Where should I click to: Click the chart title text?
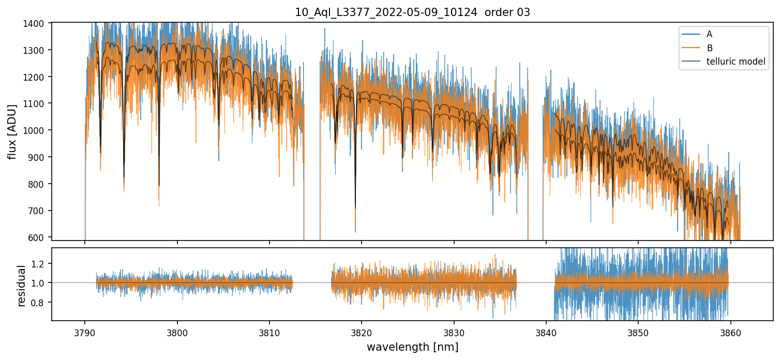[x=412, y=12]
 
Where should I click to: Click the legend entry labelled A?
[x=709, y=34]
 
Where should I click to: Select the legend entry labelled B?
[x=709, y=48]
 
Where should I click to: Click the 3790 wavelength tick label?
[x=85, y=332]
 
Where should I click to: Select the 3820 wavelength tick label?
[x=362, y=332]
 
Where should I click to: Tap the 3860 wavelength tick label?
[x=730, y=332]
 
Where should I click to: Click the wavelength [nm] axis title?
[x=412, y=347]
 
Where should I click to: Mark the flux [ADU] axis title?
[x=12, y=131]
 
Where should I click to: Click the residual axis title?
[x=21, y=286]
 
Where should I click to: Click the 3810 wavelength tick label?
[x=269, y=332]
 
